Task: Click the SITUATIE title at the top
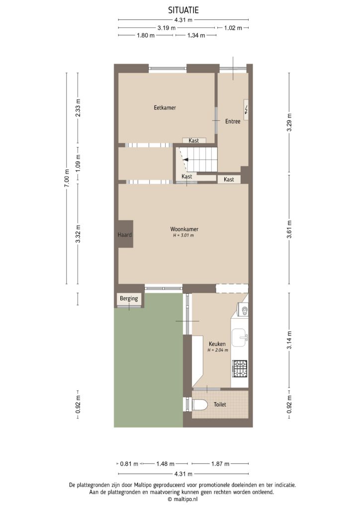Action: (x=183, y=9)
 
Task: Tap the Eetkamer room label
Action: (x=165, y=107)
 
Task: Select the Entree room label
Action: (x=233, y=121)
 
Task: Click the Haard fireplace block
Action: (x=125, y=234)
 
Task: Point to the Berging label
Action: (x=129, y=299)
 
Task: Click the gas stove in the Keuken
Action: (x=240, y=368)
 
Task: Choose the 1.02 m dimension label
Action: (x=233, y=28)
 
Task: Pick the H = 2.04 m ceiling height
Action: (x=218, y=350)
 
